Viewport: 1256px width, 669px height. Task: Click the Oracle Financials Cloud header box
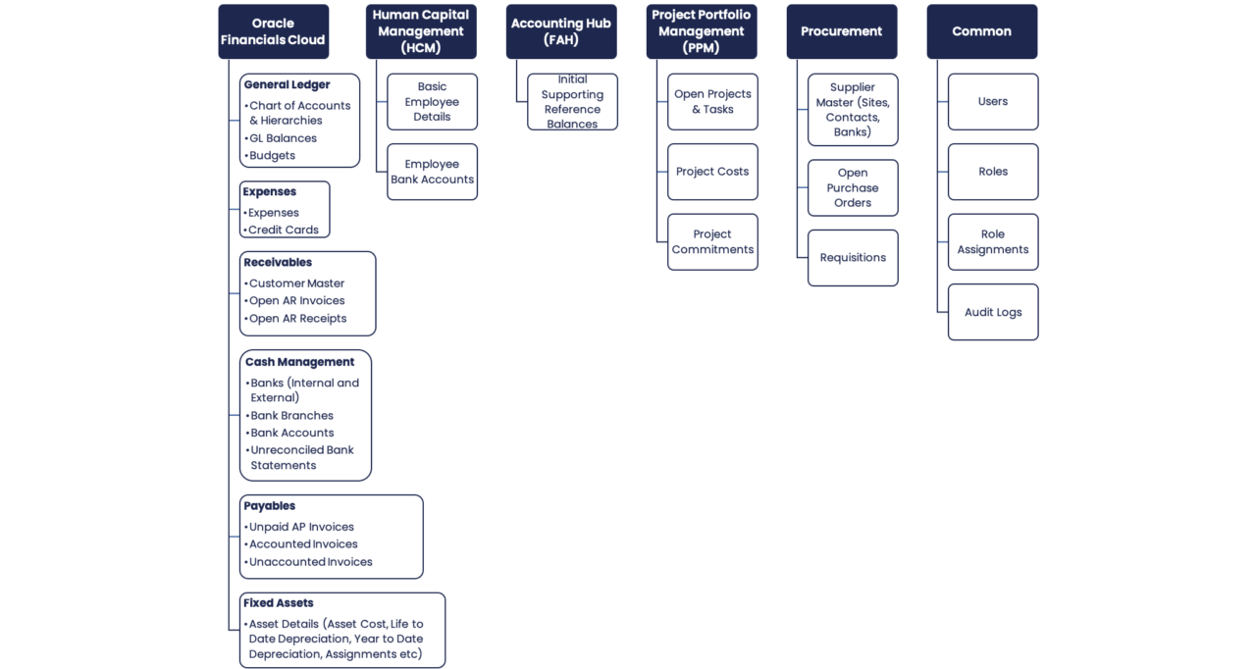coord(273,31)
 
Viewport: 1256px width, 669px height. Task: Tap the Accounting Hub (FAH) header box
coord(561,31)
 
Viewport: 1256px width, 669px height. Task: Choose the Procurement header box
coord(841,31)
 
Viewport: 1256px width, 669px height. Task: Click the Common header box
coord(981,31)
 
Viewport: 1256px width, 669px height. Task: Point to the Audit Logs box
coord(992,312)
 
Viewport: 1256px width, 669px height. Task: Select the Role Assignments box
coord(992,241)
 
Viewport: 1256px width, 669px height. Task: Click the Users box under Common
coord(992,101)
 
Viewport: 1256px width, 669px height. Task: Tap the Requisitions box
coord(853,257)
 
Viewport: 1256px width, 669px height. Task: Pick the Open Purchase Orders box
coord(853,187)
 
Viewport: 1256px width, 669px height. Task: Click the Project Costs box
coord(712,171)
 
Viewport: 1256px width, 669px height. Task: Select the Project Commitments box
coord(712,241)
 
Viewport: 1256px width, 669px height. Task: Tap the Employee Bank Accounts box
coord(432,172)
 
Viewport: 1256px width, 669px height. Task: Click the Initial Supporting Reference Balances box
coord(572,101)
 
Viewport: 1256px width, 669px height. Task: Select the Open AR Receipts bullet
coord(296,318)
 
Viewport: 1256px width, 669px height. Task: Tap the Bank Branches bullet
coord(291,415)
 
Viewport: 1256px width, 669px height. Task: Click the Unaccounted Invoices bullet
coord(310,562)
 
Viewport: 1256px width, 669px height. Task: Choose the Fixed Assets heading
coord(279,602)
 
